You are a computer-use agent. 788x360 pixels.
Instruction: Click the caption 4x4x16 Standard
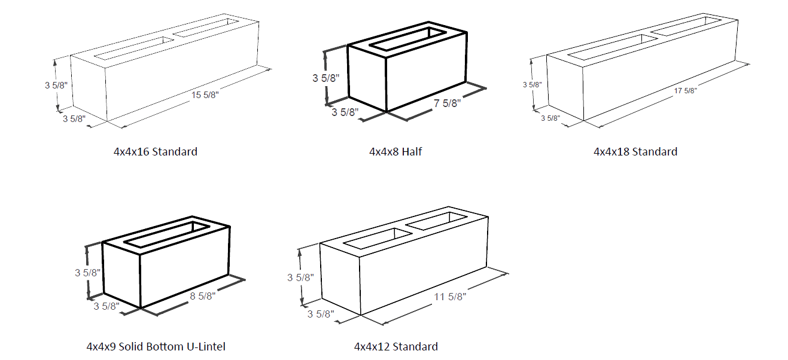click(156, 151)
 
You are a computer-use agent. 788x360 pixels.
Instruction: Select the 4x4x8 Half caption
click(395, 151)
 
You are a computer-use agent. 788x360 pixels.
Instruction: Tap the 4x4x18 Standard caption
click(635, 151)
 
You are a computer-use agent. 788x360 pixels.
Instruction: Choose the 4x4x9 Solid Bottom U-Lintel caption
click(156, 346)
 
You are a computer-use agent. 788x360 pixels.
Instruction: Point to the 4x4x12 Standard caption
click(395, 346)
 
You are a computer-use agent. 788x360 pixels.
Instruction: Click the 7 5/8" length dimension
click(447, 103)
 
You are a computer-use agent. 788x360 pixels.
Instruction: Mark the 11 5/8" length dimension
click(451, 295)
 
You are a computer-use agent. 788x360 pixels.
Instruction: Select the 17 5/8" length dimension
click(686, 91)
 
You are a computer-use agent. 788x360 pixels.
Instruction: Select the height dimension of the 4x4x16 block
click(57, 85)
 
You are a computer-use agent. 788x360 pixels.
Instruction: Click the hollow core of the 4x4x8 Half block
click(407, 36)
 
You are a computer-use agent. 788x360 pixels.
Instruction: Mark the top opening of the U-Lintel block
click(166, 234)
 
